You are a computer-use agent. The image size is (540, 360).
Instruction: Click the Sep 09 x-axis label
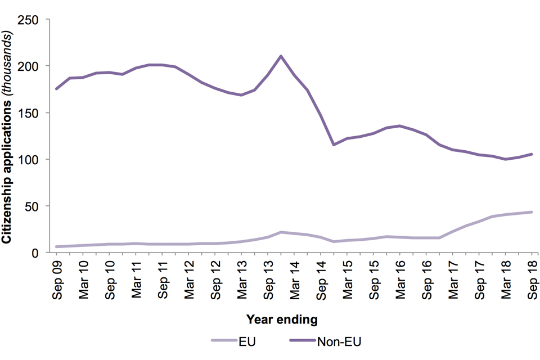pos(56,276)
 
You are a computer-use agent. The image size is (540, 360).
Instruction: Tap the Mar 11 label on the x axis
pos(136,276)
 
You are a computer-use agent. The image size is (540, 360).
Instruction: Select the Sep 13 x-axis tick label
pos(268,276)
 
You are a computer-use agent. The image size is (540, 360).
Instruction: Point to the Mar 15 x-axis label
pos(348,276)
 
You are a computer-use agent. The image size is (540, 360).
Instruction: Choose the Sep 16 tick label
pos(427,276)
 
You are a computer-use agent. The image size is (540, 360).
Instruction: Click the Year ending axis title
pos(282,319)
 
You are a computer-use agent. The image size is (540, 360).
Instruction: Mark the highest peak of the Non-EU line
pos(281,56)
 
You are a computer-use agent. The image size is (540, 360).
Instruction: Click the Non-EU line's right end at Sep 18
pos(532,154)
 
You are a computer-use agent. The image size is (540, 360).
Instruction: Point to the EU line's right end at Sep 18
pos(532,212)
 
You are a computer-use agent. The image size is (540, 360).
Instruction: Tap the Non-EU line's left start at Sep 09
pos(56,89)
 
